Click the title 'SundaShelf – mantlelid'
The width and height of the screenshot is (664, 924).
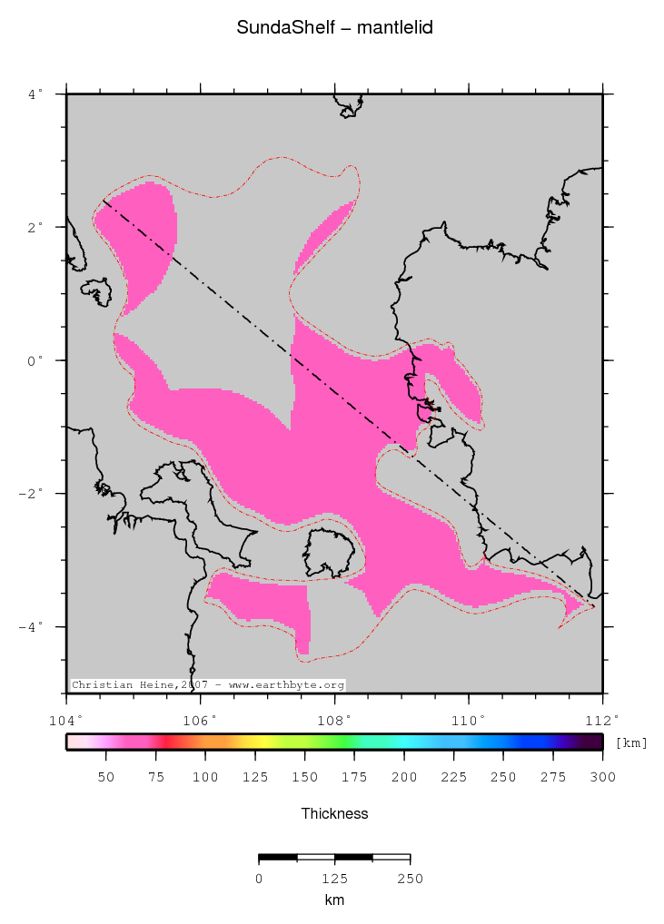coord(334,28)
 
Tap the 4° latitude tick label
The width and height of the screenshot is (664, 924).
coord(35,93)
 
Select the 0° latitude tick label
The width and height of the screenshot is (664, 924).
coord(35,360)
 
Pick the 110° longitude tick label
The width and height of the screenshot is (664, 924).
coord(469,721)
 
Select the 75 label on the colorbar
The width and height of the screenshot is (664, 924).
coord(156,777)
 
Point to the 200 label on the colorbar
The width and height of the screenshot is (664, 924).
coord(404,777)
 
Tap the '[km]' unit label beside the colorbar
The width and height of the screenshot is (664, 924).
coord(631,743)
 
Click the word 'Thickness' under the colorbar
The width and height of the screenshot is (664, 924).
coord(334,814)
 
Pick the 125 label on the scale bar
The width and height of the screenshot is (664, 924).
coord(334,879)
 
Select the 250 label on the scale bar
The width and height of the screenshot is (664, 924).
coord(410,879)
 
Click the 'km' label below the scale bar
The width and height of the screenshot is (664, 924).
coord(334,900)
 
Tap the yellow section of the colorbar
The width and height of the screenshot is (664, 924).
coord(259,742)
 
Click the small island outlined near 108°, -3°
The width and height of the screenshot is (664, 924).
coord(328,553)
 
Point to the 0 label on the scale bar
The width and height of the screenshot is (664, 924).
coord(259,879)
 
